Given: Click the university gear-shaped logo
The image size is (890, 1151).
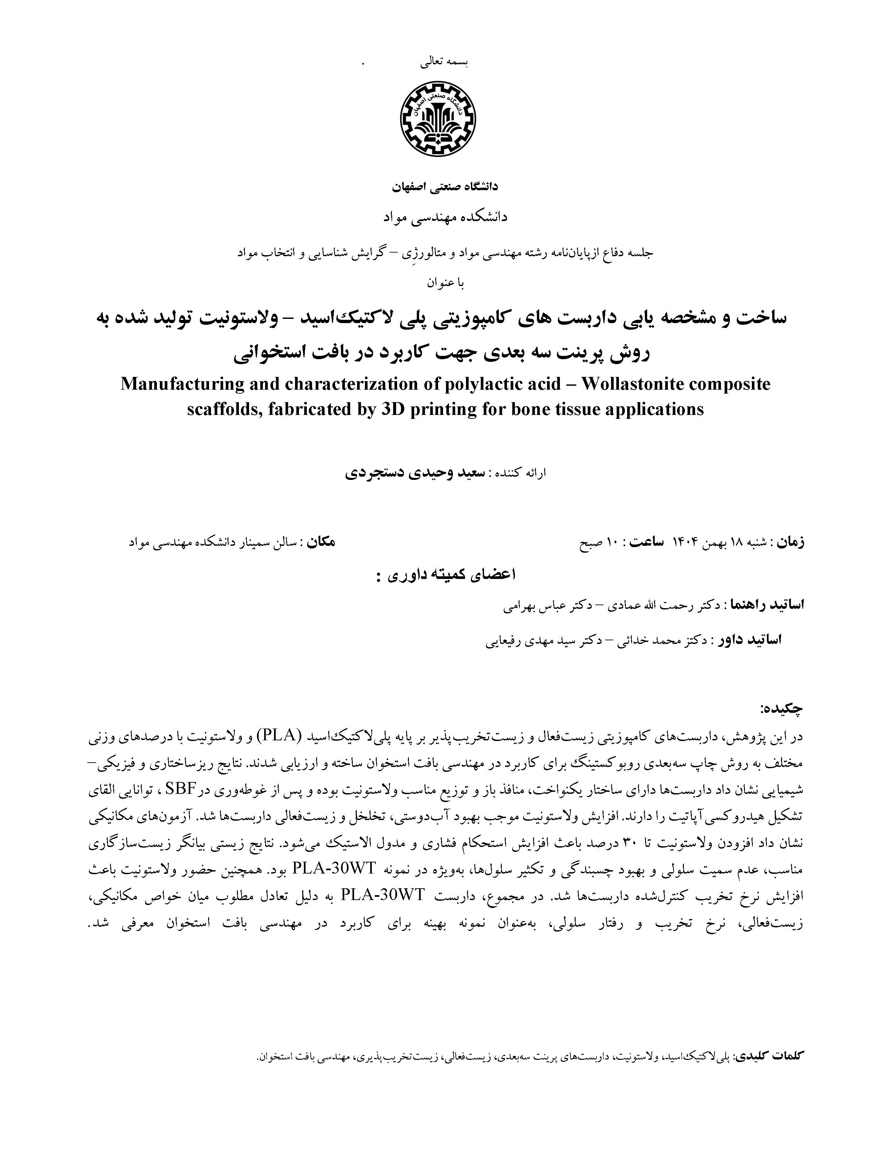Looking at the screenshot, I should pos(438,119).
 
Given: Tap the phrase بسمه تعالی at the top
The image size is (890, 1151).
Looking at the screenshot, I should pos(444,62).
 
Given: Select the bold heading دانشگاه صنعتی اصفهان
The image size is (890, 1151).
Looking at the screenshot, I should pos(444,187).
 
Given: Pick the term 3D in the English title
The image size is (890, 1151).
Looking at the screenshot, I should pos(391,409).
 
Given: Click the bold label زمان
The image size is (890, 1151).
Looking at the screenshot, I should pos(790,542).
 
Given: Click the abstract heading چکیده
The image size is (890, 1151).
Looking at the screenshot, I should pos(781,709).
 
